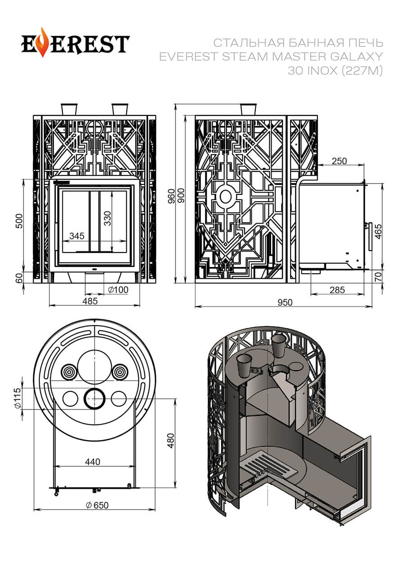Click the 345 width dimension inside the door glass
coord(77,236)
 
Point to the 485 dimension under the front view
coord(90,301)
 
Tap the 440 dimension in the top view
coord(92,461)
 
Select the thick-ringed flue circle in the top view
coord(95,398)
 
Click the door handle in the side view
coord(370,236)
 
